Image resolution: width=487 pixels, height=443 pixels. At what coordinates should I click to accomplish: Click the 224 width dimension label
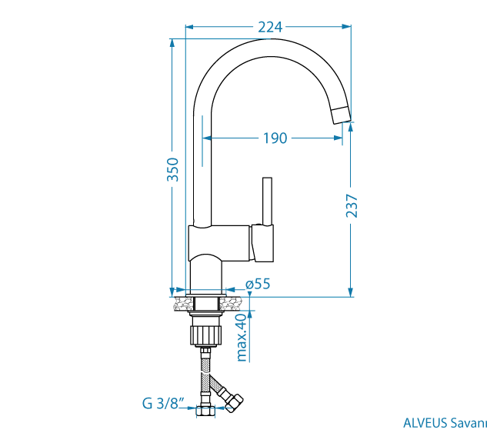[x=269, y=27]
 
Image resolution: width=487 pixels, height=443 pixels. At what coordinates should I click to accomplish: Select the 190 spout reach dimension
[x=275, y=138]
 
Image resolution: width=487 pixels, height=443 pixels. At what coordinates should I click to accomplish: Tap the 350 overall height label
[x=173, y=169]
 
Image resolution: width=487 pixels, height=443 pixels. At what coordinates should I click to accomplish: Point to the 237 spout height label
[x=352, y=205]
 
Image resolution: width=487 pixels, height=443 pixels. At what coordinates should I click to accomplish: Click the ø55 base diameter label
[x=258, y=284]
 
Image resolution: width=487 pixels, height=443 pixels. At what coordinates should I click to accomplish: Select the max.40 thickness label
[x=242, y=337]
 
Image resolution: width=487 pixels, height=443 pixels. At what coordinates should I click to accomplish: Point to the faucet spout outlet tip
[x=341, y=115]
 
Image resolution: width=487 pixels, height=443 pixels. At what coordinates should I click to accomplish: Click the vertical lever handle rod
[x=268, y=201]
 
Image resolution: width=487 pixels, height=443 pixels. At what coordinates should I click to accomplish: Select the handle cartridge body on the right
[x=262, y=243]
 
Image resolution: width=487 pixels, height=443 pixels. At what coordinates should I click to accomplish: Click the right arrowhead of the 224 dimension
[x=348, y=27]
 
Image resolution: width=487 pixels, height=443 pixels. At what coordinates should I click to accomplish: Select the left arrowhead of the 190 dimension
[x=207, y=138]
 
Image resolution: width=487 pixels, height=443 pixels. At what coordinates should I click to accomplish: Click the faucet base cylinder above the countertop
[x=205, y=273]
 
